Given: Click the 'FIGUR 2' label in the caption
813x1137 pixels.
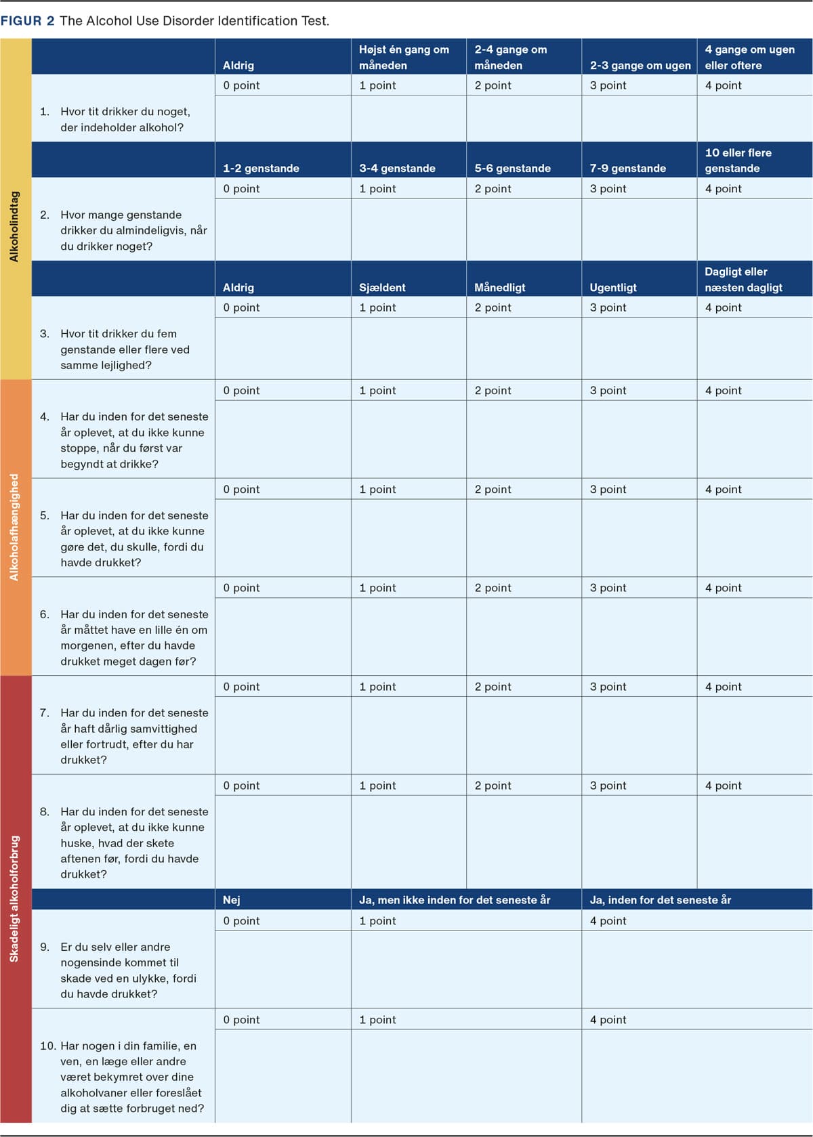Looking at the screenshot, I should click(28, 21).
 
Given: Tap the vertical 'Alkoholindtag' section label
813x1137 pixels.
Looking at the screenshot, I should click(14, 226).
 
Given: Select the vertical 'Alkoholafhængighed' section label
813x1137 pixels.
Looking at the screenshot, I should click(14, 527).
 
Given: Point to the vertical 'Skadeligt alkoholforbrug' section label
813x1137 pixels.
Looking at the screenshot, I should click(14, 899).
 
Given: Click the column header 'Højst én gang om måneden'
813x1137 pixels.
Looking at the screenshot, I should click(404, 58).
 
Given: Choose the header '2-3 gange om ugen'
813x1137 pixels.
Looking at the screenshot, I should click(640, 66).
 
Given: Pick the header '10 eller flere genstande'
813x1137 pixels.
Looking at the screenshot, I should click(738, 160).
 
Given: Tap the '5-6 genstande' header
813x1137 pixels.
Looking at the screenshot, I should click(512, 169).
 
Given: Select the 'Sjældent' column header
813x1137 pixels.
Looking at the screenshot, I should click(382, 288).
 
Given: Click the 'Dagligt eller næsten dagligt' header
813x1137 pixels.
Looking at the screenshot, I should click(743, 280).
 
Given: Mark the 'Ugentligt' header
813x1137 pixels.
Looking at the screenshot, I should click(613, 288).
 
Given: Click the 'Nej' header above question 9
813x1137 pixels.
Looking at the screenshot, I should click(232, 900).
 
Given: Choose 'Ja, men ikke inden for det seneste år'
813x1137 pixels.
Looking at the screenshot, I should click(455, 900).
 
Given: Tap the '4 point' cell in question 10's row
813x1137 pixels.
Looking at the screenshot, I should click(608, 1020).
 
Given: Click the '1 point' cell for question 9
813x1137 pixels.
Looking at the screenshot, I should click(377, 921).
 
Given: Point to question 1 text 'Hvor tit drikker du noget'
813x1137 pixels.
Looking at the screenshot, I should click(122, 120).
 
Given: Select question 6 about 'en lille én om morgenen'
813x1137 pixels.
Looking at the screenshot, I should click(129, 638).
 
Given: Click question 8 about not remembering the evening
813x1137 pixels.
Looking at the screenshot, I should click(129, 843).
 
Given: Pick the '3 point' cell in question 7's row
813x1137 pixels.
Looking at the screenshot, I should click(608, 687).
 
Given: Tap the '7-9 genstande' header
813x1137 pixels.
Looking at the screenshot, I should click(627, 169).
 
